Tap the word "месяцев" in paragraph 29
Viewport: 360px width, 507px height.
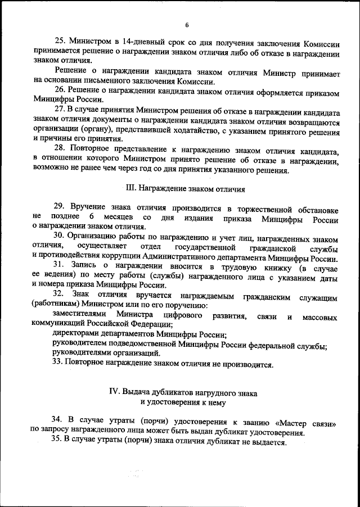(x=121, y=218)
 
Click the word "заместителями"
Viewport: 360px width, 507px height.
(x=79, y=314)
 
